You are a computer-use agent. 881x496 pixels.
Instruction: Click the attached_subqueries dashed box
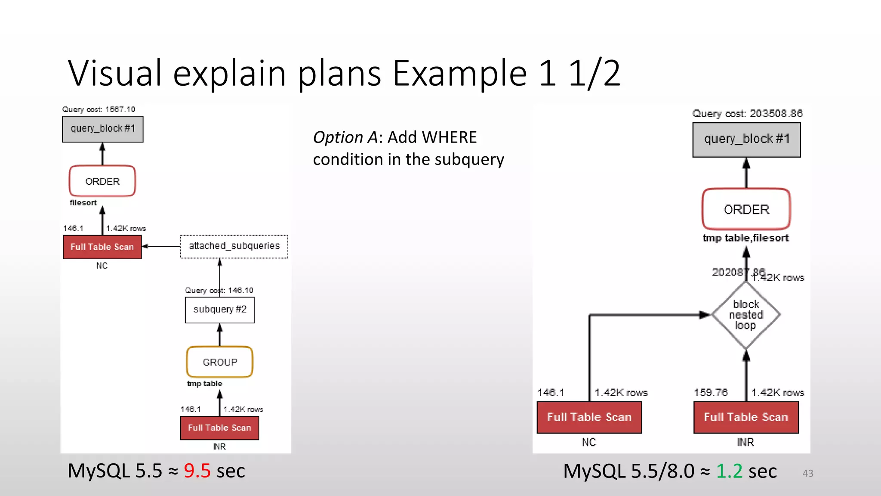click(234, 246)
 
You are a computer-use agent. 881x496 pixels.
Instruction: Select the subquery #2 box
click(219, 310)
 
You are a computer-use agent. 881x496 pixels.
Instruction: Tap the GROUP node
click(219, 362)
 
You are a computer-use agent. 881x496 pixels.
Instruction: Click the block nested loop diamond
click(746, 315)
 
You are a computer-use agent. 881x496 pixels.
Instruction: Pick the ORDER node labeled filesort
click(102, 181)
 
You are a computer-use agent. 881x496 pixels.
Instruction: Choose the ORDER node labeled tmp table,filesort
click(746, 209)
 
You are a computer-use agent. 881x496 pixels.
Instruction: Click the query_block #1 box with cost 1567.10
click(102, 129)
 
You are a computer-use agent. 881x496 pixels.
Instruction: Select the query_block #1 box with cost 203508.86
click(746, 139)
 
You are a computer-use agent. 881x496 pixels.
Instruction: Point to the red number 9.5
click(197, 471)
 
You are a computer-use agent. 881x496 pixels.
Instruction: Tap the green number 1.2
click(729, 471)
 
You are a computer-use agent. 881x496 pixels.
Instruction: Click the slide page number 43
click(807, 473)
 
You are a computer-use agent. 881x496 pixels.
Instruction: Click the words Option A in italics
click(345, 137)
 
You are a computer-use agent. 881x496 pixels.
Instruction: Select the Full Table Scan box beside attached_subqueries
click(102, 247)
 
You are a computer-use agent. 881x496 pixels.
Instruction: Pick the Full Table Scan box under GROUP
click(219, 428)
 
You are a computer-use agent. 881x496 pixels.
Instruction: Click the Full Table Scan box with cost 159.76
click(746, 417)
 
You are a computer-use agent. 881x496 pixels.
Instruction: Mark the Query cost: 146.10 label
click(219, 290)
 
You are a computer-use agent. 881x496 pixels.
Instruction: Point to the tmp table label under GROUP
click(204, 384)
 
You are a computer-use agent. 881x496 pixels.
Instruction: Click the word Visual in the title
click(115, 73)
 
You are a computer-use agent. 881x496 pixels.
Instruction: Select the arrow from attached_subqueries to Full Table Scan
click(161, 246)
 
